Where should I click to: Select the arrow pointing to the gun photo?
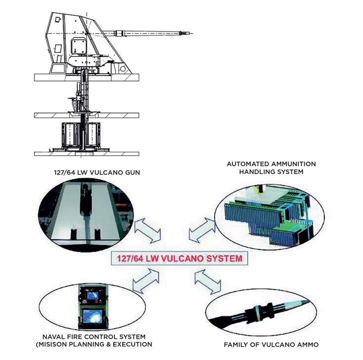147,231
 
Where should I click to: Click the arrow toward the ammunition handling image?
202,230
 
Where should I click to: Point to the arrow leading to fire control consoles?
146,281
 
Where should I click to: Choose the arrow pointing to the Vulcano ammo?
208,281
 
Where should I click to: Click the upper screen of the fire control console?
92,296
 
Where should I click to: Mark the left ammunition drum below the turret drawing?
71,135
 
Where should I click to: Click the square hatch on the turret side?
78,45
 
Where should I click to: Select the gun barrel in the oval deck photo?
85,200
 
